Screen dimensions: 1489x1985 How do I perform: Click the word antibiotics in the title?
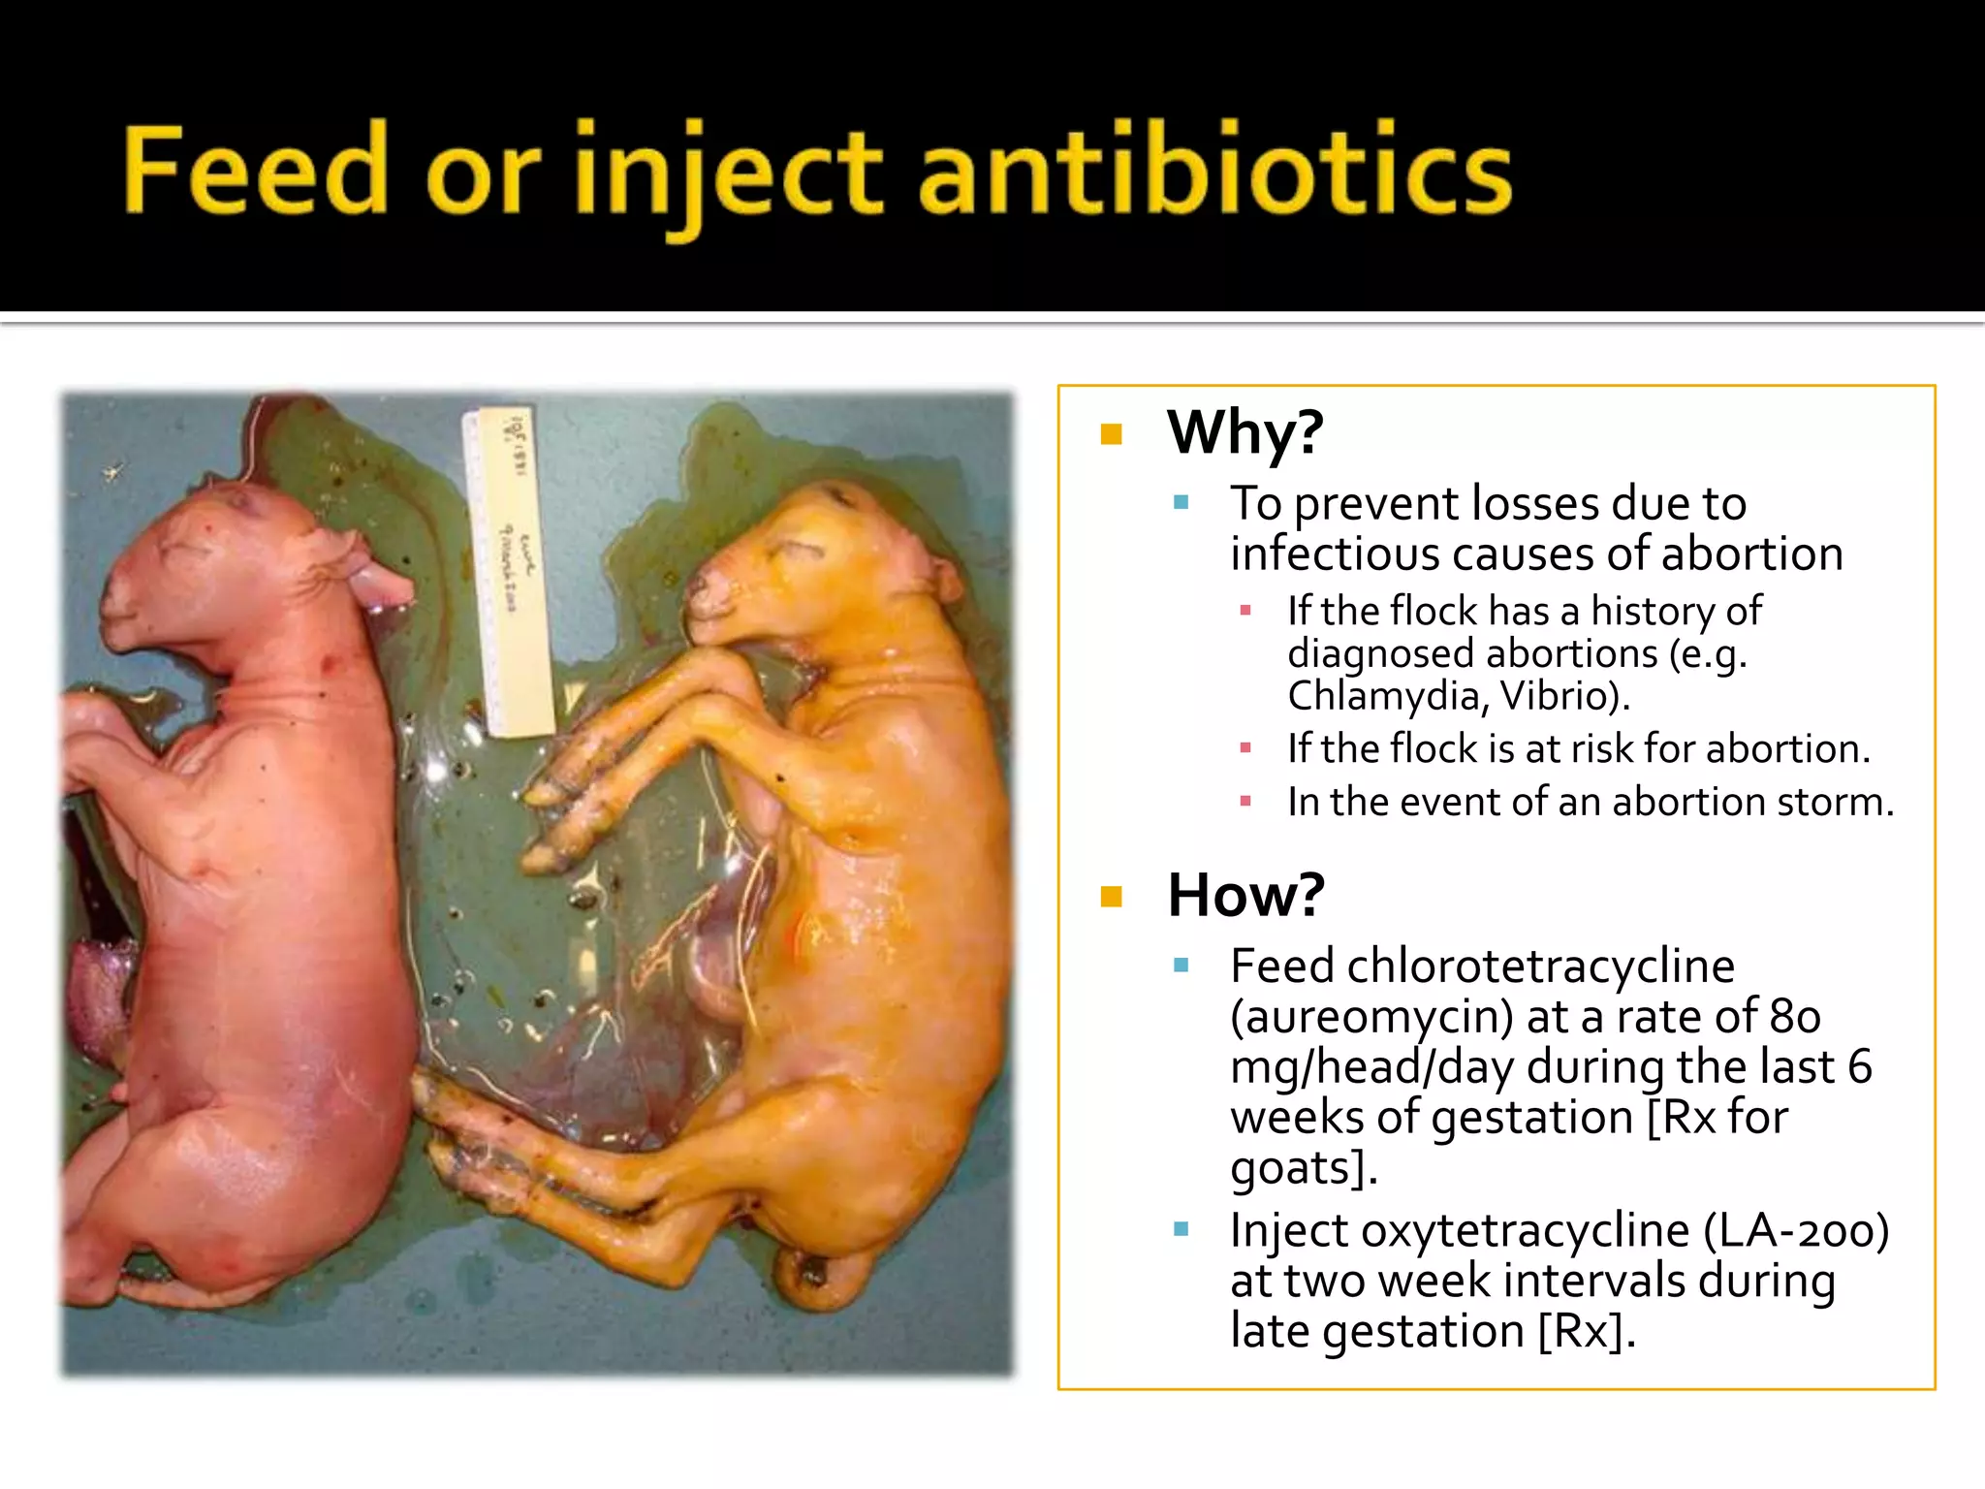click(1214, 171)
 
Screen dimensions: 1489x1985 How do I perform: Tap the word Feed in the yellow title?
click(255, 171)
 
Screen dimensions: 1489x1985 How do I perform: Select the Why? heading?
click(1245, 432)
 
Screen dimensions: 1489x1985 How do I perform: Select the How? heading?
click(1245, 895)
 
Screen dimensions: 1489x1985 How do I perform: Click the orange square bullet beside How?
click(1111, 897)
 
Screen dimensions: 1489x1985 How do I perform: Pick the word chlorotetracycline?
click(1540, 966)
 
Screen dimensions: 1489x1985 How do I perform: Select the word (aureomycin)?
click(1371, 1017)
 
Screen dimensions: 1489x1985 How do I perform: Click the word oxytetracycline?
click(1525, 1231)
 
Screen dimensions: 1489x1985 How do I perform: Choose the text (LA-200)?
click(1796, 1231)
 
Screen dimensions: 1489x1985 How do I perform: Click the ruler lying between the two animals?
click(511, 572)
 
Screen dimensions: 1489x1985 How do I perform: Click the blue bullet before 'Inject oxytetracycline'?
click(1181, 1230)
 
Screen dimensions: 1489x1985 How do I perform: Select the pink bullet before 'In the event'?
click(1245, 802)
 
